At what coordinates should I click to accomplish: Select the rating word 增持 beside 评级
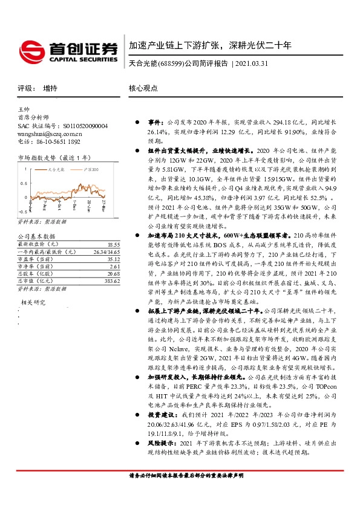tap(51, 88)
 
